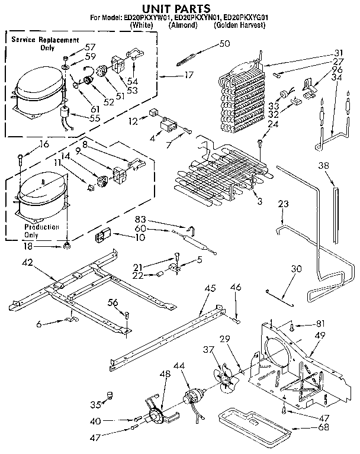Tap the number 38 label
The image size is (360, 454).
tap(323, 166)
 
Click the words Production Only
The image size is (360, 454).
tap(41, 231)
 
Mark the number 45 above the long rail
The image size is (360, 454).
tap(210, 289)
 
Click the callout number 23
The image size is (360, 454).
tap(284, 204)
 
